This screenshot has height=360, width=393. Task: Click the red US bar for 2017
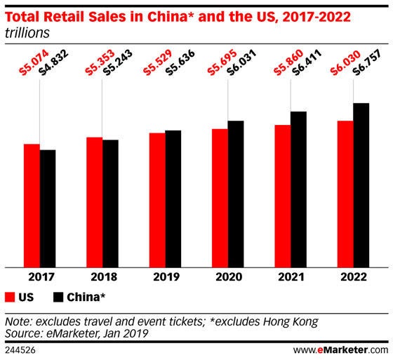click(32, 205)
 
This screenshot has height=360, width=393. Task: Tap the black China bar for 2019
click(173, 198)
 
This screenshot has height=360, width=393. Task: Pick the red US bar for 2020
click(219, 197)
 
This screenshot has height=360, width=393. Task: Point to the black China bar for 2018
click(110, 203)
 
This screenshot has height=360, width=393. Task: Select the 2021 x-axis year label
click(290, 276)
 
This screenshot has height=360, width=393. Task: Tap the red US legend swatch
click(10, 296)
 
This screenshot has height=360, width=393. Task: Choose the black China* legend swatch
click(60, 296)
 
